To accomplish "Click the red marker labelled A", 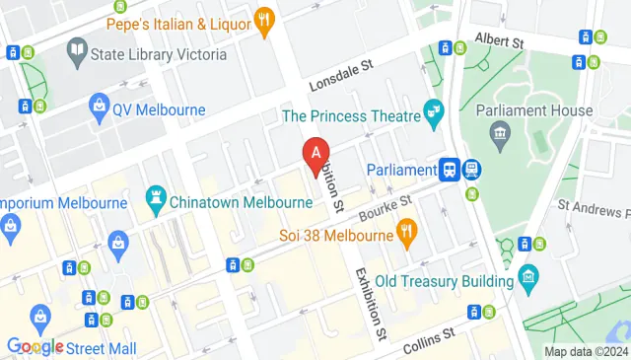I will click(315, 155).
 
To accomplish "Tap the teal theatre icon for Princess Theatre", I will click(431, 116).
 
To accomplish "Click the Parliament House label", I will click(533, 110).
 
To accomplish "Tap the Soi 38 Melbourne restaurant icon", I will click(405, 234).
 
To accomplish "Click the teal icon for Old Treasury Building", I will click(528, 275).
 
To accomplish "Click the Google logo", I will click(35, 346).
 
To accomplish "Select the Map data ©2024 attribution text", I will click(586, 352).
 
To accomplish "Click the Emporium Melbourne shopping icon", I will click(10, 229).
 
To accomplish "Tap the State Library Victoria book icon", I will click(77, 48).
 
